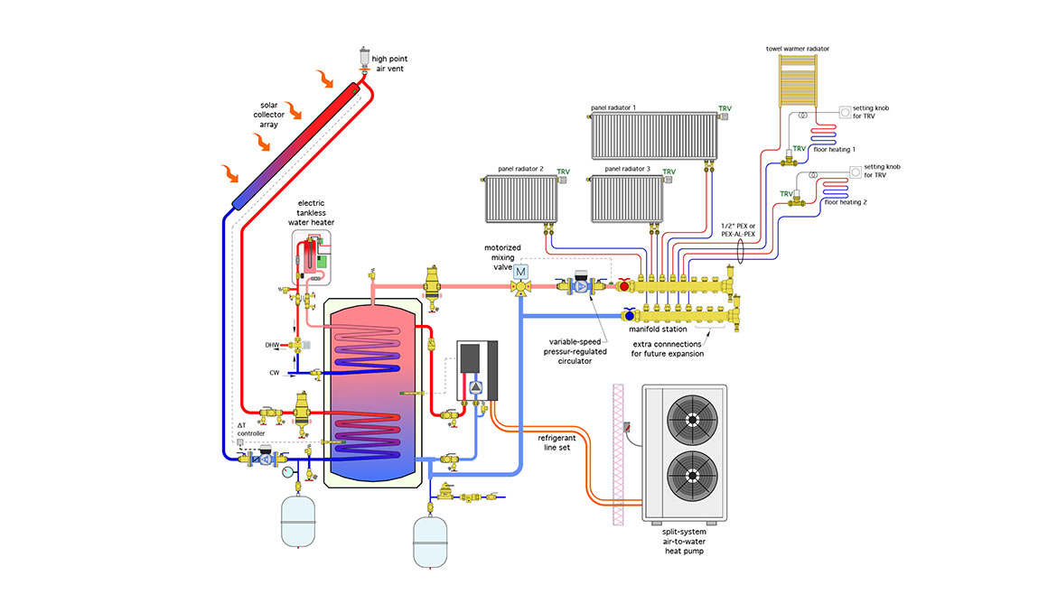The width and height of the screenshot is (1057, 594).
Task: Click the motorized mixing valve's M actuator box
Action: (x=520, y=272)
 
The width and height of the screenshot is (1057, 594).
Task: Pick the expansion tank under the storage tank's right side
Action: (x=432, y=540)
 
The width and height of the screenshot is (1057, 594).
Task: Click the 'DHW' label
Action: (x=272, y=345)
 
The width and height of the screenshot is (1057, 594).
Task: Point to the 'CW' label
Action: (x=274, y=372)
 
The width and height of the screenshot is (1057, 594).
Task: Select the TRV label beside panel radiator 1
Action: (x=725, y=108)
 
